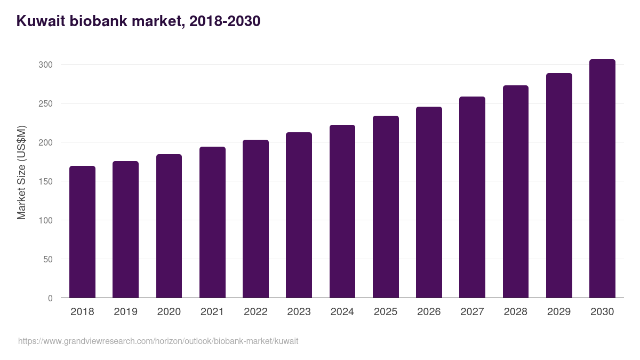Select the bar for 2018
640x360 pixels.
pyautogui.click(x=82, y=232)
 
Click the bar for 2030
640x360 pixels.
pyautogui.click(x=602, y=179)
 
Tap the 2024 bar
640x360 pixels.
pyautogui.click(x=342, y=211)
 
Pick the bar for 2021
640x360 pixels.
pyautogui.click(x=212, y=222)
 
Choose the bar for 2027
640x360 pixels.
pyautogui.click(x=472, y=197)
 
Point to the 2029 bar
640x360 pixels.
pyautogui.click(x=559, y=186)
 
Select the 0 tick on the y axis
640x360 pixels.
pyautogui.click(x=50, y=298)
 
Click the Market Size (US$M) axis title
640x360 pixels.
pyautogui.click(x=21, y=173)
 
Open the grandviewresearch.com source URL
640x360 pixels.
pyautogui.click(x=158, y=341)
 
